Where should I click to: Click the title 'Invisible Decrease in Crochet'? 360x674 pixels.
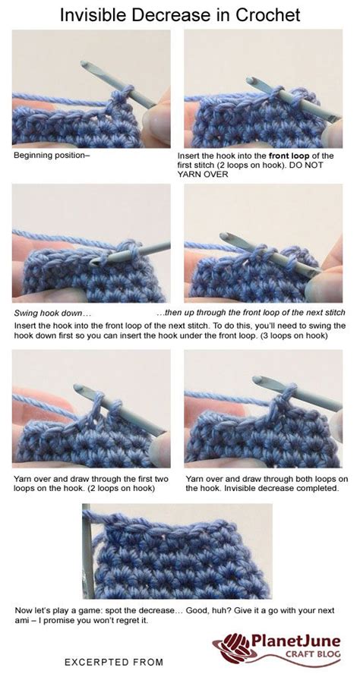(179, 15)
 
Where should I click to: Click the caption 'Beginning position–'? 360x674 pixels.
(52, 155)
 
